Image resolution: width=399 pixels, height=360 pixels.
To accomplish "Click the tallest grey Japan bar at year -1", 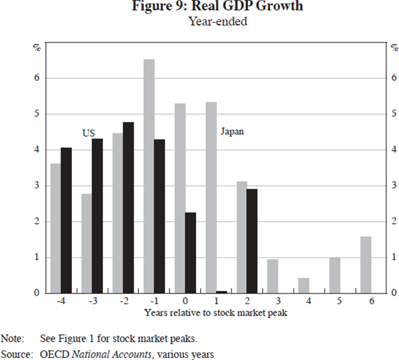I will pos(149,176).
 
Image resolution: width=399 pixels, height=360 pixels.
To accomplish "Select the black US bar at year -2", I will pos(128,207).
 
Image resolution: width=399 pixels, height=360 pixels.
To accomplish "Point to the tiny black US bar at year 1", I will pos(221,292).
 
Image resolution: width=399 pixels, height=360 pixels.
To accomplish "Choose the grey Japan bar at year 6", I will pos(365,265).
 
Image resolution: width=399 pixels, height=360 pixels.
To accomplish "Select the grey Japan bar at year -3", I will pos(86,243).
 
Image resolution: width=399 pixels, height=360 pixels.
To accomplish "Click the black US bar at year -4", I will pos(66,220).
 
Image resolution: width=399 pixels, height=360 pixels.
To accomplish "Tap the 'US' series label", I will pos(88,133).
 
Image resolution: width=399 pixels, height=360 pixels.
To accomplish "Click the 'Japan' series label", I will pos(232,132).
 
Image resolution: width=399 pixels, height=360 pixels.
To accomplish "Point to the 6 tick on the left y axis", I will pos(37,78).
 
